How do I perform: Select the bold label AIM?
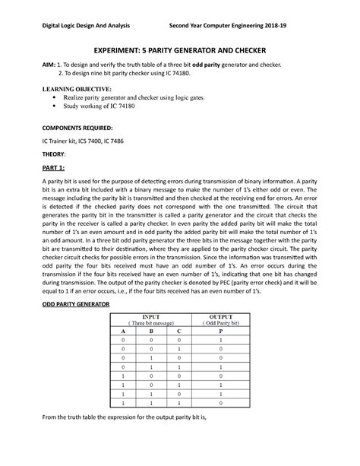42,67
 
